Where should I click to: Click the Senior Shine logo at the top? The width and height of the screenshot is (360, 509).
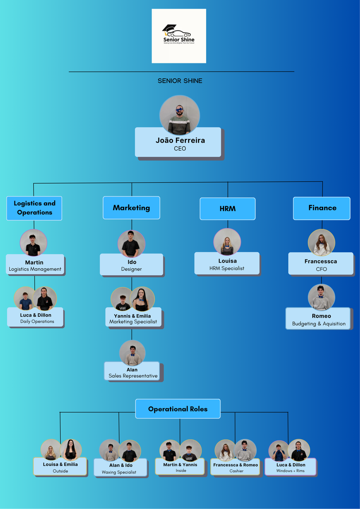point(179,36)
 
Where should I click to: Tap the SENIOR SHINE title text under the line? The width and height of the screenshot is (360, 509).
point(180,81)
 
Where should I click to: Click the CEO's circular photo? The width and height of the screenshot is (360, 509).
point(180,115)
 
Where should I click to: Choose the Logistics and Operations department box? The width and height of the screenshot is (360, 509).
point(34,208)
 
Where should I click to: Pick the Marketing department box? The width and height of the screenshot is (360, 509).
point(131,208)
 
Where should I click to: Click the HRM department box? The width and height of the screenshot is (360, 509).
point(228,209)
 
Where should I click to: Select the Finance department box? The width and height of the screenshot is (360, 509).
point(322,208)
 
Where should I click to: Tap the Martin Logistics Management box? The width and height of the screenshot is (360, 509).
point(35,265)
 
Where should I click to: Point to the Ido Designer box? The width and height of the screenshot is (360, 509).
point(131,265)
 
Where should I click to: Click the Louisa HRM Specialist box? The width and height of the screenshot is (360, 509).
point(226,264)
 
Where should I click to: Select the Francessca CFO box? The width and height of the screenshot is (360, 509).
point(321,265)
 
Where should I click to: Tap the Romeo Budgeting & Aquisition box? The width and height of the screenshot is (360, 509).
point(318,319)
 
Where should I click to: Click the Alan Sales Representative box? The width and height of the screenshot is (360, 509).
point(132,372)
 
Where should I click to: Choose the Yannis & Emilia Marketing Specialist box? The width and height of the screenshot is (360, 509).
point(133,318)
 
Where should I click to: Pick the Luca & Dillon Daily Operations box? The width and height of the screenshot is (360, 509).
point(36,318)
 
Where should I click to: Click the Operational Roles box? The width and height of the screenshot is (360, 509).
point(178,409)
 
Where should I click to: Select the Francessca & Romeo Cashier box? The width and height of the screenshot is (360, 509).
point(235,467)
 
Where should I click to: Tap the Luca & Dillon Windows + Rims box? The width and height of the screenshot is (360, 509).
point(291,467)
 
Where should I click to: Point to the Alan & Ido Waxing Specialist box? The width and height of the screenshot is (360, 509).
point(121,468)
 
